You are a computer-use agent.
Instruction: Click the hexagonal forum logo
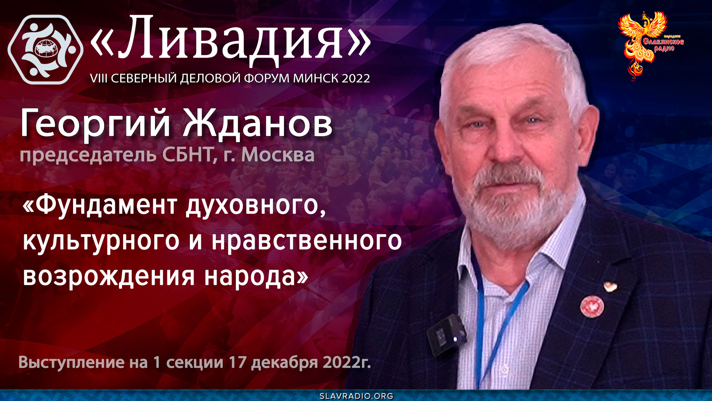(45, 49)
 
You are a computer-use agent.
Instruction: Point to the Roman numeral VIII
(99, 78)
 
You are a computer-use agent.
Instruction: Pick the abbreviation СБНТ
(187, 154)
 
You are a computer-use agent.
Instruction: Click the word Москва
(278, 154)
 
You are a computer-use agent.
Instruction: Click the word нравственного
(307, 241)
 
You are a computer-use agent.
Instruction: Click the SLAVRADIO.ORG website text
(356, 396)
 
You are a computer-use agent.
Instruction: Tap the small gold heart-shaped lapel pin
(610, 287)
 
